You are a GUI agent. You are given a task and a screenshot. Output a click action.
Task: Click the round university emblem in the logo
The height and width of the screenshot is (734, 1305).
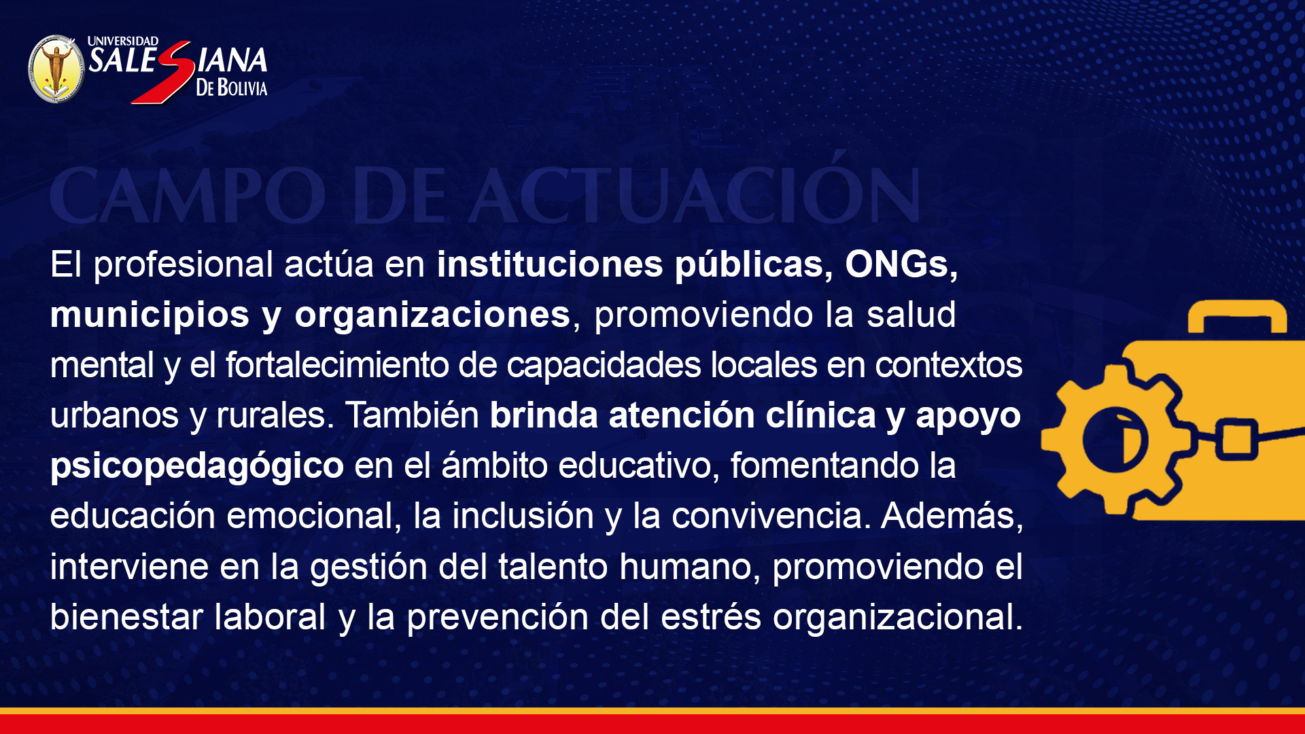click(56, 69)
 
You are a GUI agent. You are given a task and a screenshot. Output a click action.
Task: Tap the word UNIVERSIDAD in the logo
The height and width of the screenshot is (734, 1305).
click(123, 41)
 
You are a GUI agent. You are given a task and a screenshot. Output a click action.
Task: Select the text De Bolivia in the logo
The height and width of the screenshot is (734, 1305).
click(232, 88)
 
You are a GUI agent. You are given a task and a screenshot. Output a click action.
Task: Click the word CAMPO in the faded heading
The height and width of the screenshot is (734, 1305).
click(188, 196)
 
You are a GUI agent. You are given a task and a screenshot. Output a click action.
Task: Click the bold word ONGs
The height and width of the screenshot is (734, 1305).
click(901, 264)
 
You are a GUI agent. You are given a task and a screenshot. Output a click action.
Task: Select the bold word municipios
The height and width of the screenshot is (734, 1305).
click(150, 315)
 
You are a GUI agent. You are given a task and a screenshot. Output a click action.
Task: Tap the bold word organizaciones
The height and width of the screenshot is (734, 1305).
click(432, 315)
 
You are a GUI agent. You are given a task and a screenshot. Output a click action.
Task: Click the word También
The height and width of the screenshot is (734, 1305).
click(412, 415)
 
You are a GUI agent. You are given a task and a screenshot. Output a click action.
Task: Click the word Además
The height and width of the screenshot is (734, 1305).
click(952, 517)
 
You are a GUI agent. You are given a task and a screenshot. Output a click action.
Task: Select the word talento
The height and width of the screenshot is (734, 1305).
click(553, 566)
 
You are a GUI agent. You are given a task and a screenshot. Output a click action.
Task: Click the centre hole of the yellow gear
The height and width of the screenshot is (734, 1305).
click(1115, 440)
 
